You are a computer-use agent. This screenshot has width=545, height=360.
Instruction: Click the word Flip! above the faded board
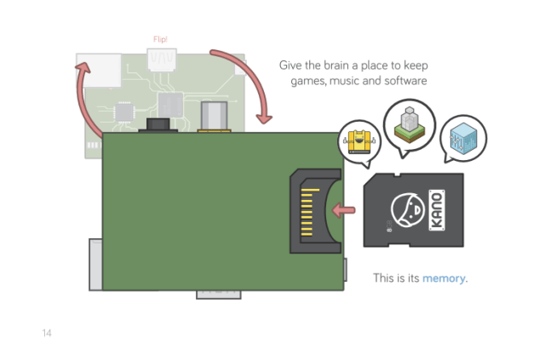point(161,39)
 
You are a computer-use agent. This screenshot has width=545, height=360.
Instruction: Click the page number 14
point(47,333)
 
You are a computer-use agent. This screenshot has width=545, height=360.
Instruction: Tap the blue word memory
point(445,278)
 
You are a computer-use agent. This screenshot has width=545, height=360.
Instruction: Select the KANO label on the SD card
point(441,210)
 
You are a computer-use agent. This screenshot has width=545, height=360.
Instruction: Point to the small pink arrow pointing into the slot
point(344,209)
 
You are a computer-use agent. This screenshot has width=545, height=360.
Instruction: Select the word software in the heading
point(399,81)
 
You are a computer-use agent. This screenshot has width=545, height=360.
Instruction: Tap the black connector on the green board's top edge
point(158,126)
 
